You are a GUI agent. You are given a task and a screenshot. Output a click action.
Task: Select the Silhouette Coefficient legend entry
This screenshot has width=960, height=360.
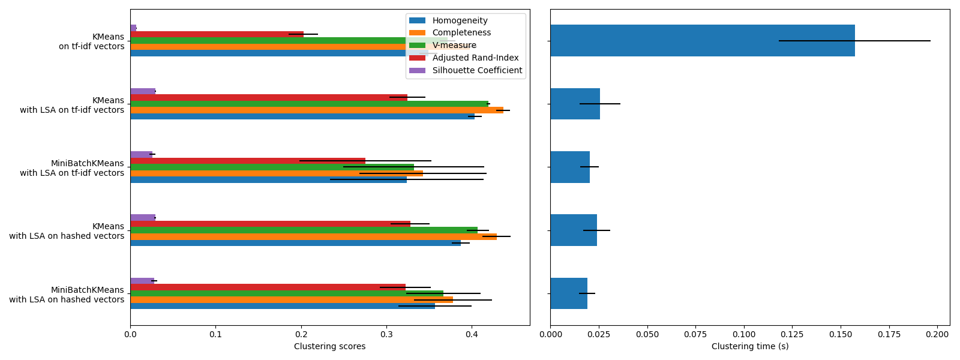pos(477,70)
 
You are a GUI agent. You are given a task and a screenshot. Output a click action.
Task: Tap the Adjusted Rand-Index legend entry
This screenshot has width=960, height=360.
pos(475,58)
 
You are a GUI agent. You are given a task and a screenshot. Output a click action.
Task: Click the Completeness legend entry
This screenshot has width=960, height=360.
pos(461,33)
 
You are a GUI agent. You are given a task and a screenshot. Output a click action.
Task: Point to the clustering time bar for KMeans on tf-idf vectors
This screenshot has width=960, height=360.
pos(702,40)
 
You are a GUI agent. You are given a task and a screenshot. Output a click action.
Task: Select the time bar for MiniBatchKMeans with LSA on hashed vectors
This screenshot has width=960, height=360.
pos(568,293)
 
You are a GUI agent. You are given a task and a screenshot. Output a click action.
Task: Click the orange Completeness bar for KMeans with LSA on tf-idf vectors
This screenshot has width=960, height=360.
pos(316,110)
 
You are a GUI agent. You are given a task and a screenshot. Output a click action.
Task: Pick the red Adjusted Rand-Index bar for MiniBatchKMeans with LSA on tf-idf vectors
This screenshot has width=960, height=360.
pos(247,161)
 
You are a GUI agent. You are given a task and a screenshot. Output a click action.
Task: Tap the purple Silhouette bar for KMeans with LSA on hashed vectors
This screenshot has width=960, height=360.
pos(143,218)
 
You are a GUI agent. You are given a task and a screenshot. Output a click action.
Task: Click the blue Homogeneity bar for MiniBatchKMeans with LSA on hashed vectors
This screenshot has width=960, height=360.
pos(282,306)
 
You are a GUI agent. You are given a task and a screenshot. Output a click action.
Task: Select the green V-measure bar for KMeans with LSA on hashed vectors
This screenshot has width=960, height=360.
pos(304,230)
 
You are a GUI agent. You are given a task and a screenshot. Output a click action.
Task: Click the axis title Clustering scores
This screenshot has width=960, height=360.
pos(329,347)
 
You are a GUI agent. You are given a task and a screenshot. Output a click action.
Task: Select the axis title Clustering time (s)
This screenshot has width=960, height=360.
pos(750,347)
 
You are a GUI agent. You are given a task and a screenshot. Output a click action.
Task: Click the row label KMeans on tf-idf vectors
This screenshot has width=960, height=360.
pos(92,41)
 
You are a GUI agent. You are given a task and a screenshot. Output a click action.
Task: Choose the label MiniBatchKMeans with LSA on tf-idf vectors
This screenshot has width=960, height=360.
pos(72,168)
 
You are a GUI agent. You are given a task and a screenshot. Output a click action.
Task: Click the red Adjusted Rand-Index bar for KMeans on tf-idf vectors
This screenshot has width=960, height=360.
pos(217,34)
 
